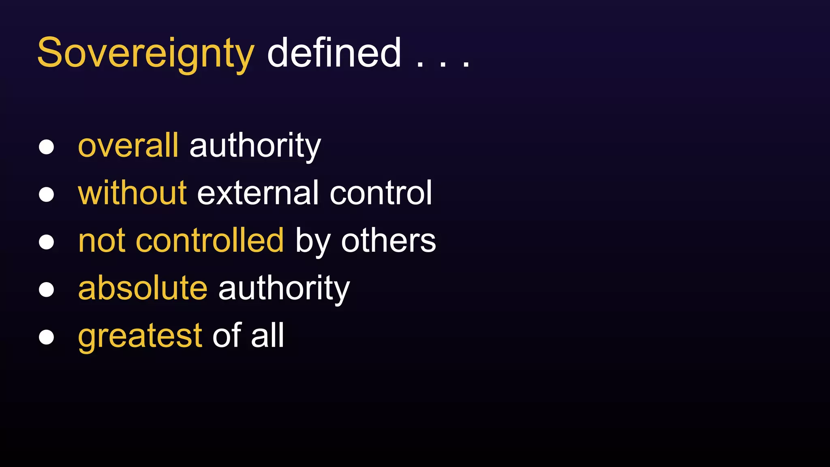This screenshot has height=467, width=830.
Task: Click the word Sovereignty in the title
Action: click(x=145, y=53)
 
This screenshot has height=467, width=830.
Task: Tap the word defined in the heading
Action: click(x=334, y=53)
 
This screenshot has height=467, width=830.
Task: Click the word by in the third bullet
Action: click(x=312, y=242)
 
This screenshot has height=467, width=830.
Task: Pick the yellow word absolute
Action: click(x=143, y=288)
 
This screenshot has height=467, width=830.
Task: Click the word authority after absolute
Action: click(x=284, y=289)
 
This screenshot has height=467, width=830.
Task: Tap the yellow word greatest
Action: click(x=140, y=336)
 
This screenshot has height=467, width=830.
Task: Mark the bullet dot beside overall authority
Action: click(x=47, y=147)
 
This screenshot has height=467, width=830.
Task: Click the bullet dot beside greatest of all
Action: click(x=47, y=337)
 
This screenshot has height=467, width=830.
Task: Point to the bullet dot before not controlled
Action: click(x=47, y=242)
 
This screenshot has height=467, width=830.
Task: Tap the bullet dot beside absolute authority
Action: click(x=47, y=289)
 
